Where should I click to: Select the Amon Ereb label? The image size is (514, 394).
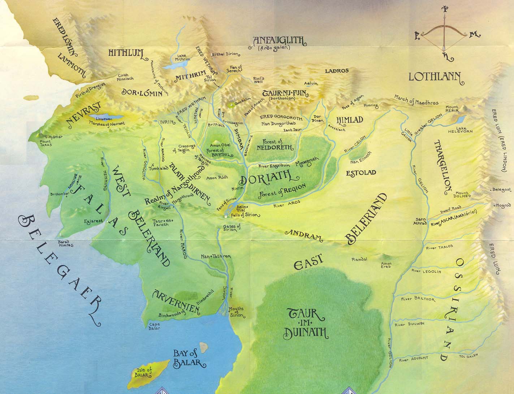pos(386,266)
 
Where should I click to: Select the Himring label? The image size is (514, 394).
pos(371,105)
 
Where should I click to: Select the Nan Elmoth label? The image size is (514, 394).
pos(362,158)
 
